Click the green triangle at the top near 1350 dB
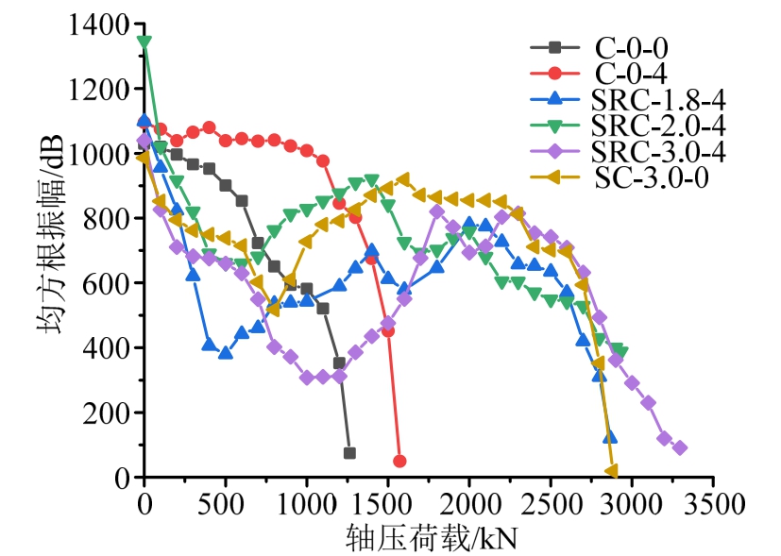click(144, 42)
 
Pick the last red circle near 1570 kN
click(399, 461)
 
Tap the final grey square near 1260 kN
click(349, 453)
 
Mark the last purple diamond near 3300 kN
click(680, 447)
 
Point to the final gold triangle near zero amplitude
click(611, 470)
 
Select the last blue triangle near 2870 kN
click(610, 437)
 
